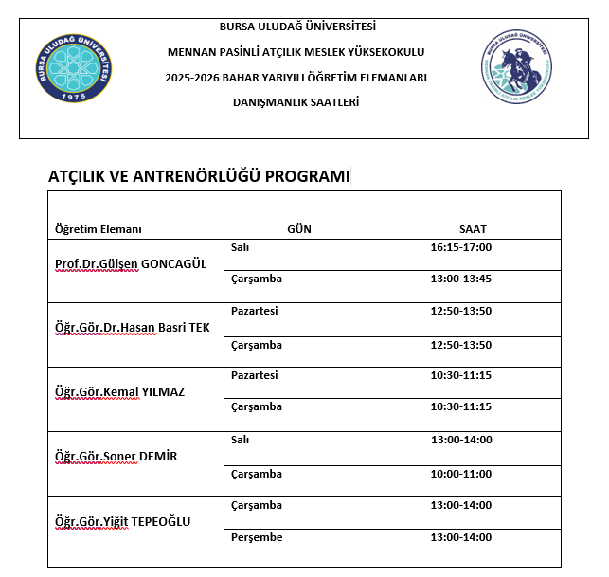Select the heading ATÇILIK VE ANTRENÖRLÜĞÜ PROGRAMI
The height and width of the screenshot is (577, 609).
pyautogui.click(x=199, y=176)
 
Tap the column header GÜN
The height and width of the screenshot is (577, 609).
pyautogui.click(x=299, y=229)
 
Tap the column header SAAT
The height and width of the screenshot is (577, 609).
pyautogui.click(x=472, y=229)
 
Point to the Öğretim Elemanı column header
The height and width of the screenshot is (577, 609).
pyautogui.click(x=98, y=229)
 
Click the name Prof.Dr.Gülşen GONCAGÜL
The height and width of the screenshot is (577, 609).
pyautogui.click(x=131, y=263)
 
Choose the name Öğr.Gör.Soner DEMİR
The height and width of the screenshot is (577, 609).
pyautogui.click(x=116, y=457)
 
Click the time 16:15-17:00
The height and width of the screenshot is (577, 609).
pyautogui.click(x=460, y=247)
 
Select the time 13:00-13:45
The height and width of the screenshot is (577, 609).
pyautogui.click(x=460, y=279)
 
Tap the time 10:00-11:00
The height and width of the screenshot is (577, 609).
pyautogui.click(x=460, y=474)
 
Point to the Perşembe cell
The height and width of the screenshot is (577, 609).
pyautogui.click(x=257, y=537)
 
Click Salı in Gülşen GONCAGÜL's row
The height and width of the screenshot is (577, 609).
pyautogui.click(x=241, y=247)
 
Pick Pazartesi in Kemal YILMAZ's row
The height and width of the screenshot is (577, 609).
pyautogui.click(x=255, y=375)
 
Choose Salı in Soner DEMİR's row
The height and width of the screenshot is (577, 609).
pyautogui.click(x=241, y=441)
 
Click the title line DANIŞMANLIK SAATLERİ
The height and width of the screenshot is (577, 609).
pyautogui.click(x=296, y=101)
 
